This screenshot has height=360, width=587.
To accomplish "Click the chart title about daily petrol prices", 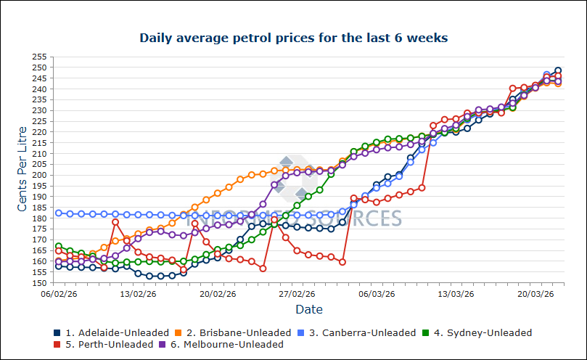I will point(293,37).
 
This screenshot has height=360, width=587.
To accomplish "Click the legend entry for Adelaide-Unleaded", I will point(117,333).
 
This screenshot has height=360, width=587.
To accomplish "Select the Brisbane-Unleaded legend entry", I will point(243,333).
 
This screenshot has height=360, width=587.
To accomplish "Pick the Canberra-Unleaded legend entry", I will point(369,333).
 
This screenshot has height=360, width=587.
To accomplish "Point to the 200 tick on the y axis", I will point(40,175).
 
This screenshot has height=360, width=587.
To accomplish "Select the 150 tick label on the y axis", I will point(40,283).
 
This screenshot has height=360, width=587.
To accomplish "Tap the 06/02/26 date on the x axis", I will point(58,294).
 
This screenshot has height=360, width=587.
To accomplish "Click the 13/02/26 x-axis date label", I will point(138,294).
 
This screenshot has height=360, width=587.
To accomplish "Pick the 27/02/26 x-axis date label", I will point(297,294).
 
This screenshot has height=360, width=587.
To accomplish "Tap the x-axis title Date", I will point(309,309).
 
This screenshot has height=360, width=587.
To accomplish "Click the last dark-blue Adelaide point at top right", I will point(558,70).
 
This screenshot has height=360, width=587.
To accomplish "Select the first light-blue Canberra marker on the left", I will point(59,213).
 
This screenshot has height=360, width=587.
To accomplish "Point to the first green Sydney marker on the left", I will point(59,246).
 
